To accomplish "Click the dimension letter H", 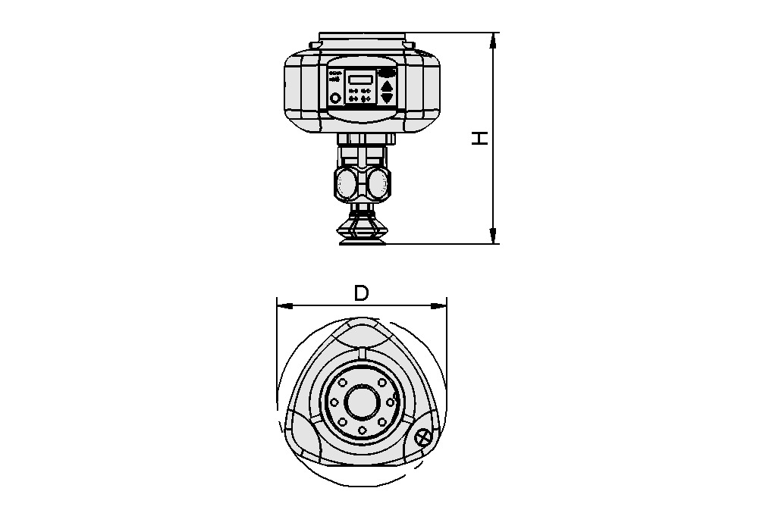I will point(480,138).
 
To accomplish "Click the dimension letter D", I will point(361,293).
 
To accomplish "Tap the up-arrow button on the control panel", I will point(387,85).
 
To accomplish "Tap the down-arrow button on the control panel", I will point(387,98).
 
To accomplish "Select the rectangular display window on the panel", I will point(360,79).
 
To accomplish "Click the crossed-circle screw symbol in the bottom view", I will point(423,437).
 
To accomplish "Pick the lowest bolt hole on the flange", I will point(363,430).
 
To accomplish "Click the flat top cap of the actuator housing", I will point(362,36).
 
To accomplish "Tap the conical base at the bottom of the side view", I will point(362,227).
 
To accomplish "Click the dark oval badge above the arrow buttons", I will point(387,72).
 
